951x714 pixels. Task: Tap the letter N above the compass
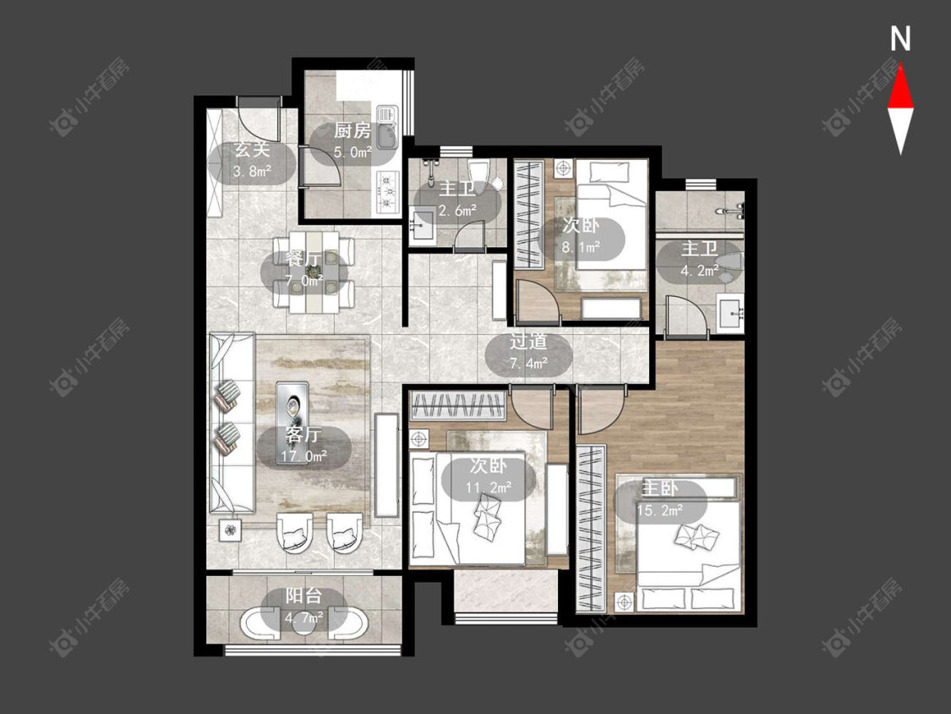point(900,39)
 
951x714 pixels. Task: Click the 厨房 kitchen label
point(353,130)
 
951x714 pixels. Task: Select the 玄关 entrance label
point(252,150)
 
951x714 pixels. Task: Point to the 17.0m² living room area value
point(304,455)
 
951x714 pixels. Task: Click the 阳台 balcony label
point(303,596)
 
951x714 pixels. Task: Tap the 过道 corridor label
point(528,341)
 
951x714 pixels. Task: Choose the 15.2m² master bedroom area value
point(660,511)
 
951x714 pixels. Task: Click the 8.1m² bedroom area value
point(581,247)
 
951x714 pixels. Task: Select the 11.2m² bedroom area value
point(489,487)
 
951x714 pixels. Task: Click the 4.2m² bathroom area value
point(699,271)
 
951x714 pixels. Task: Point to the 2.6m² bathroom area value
point(456,211)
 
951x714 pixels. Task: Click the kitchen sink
point(386,128)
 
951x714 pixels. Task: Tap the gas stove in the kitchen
point(387,191)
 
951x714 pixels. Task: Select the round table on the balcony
point(303,623)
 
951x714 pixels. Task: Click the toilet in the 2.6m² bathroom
point(480,173)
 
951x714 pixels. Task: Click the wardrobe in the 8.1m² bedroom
point(527,213)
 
